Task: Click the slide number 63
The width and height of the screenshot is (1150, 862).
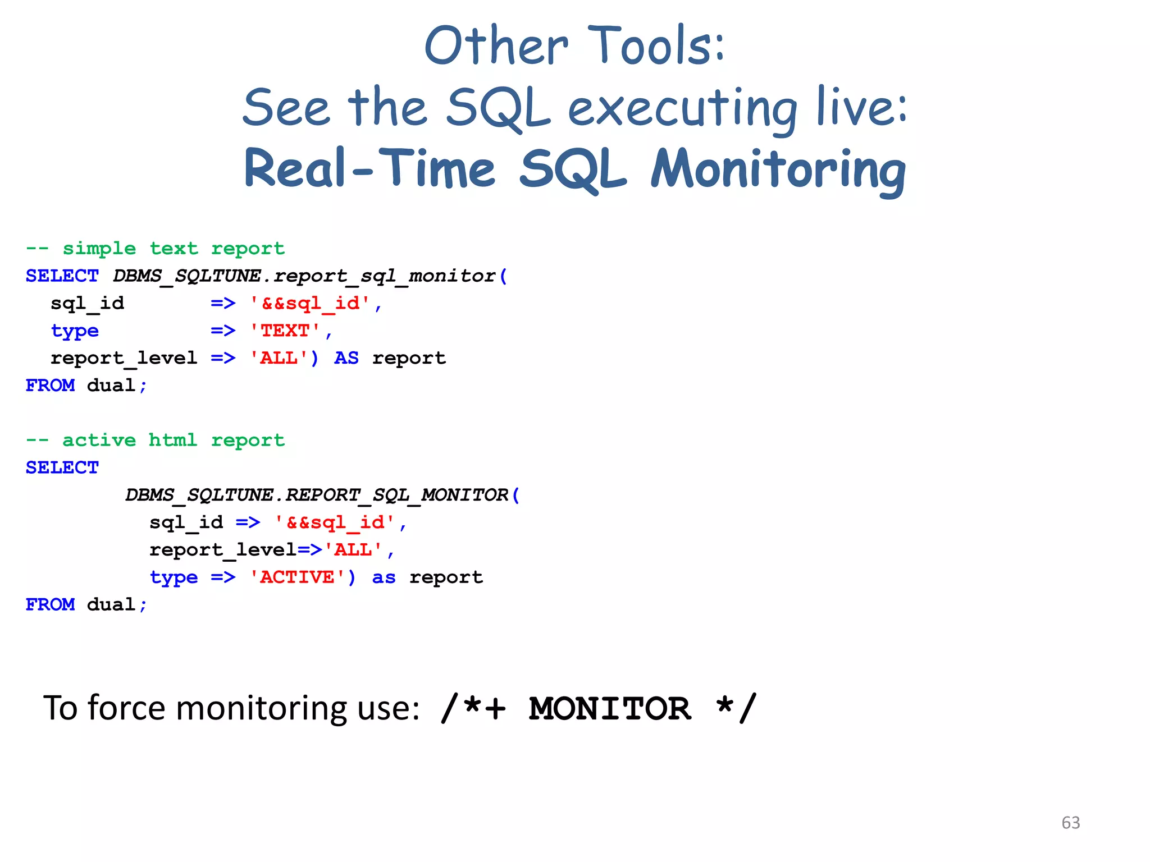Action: click(x=1070, y=823)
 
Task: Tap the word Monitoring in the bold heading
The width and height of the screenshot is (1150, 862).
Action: click(x=778, y=169)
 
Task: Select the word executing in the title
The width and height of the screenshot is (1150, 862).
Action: click(x=682, y=108)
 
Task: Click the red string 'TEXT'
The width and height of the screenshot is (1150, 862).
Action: click(x=285, y=331)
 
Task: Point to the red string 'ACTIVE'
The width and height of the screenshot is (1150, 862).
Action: click(x=298, y=577)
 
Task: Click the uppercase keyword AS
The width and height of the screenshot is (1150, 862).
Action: click(x=346, y=358)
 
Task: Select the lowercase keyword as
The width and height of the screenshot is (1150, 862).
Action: click(x=384, y=577)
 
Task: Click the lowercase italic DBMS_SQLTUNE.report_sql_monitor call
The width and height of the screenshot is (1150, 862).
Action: click(x=304, y=276)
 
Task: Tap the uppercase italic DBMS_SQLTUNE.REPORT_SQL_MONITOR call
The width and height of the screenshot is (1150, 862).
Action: click(x=317, y=495)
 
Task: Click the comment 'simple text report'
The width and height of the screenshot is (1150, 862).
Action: click(x=173, y=248)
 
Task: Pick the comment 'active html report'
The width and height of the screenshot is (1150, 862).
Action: click(x=173, y=440)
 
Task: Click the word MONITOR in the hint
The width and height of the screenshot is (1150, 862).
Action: click(x=610, y=708)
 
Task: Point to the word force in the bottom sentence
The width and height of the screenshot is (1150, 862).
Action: click(x=127, y=708)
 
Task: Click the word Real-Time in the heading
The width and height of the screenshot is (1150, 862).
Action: click(x=369, y=169)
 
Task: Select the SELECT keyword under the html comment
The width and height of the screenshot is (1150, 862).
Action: click(x=62, y=467)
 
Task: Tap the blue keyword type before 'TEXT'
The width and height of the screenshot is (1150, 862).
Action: click(x=75, y=331)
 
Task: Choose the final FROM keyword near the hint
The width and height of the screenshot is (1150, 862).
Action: click(x=50, y=604)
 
